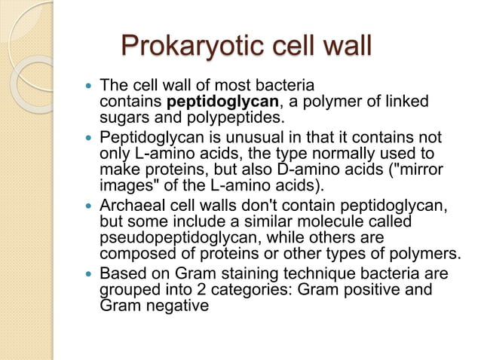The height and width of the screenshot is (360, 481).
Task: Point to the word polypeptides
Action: pos(234,117)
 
